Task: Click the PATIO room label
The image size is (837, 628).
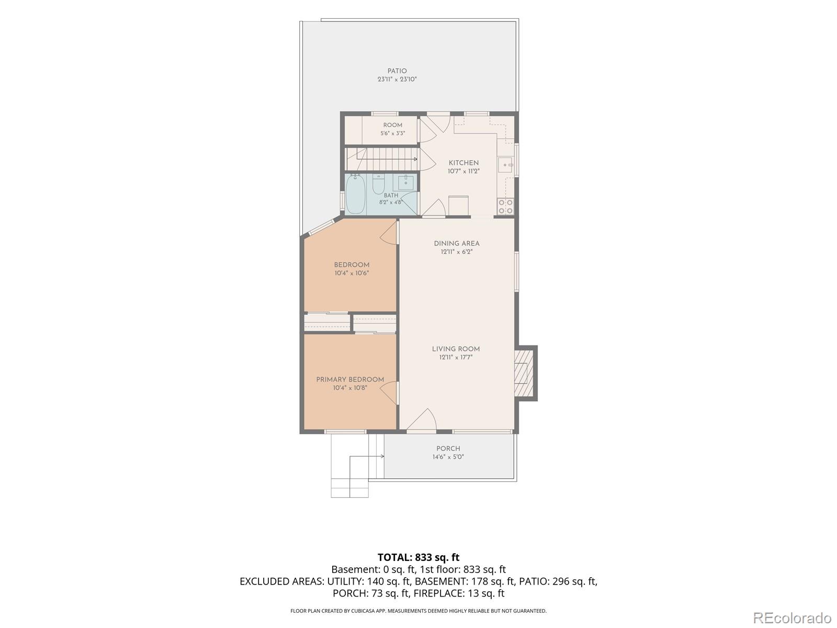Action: (x=397, y=71)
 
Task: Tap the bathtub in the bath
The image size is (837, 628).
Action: (x=355, y=195)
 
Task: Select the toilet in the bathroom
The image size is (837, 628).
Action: (x=379, y=185)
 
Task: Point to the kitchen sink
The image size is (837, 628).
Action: (x=506, y=165)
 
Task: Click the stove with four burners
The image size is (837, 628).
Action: (x=506, y=206)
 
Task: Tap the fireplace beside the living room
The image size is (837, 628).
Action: (x=525, y=373)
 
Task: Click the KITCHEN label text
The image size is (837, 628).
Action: (x=463, y=163)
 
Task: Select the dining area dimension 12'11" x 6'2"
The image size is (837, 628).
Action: (x=457, y=252)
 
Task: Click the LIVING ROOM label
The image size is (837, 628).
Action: (x=456, y=349)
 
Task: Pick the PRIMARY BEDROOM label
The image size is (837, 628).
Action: (x=350, y=379)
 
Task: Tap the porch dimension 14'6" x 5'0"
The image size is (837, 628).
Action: (x=448, y=457)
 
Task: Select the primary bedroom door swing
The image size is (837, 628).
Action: (x=389, y=392)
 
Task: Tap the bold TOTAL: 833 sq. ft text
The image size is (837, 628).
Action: (x=418, y=557)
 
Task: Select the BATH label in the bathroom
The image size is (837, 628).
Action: (x=391, y=195)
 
